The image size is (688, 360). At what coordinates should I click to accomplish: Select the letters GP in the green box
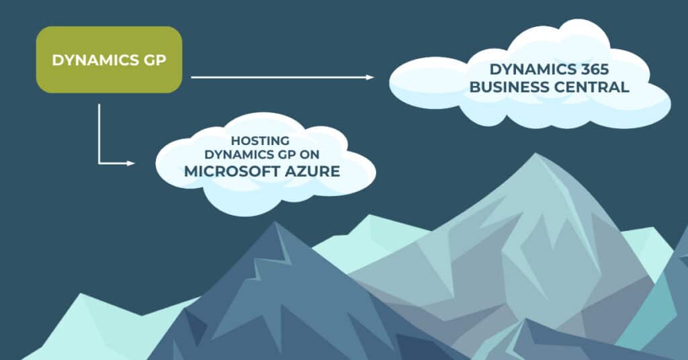tap(156, 60)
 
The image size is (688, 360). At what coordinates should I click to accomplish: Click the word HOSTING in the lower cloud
tap(260, 141)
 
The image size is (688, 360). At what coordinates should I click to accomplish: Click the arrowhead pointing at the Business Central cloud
tap(370, 77)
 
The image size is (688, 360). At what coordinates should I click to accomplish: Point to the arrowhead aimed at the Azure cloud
tap(131, 163)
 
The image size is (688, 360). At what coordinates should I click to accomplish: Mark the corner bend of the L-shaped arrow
tap(99, 163)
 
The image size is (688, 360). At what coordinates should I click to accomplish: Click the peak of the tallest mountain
tap(535, 156)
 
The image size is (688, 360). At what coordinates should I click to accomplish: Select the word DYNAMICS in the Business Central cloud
tap(525, 70)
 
